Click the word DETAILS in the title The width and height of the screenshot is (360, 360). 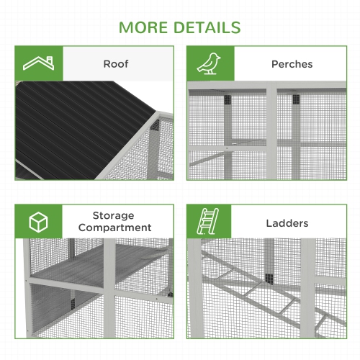coord(207,27)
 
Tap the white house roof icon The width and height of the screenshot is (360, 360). coord(39,63)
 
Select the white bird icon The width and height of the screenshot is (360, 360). coord(211,63)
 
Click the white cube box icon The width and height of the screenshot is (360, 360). coord(39,222)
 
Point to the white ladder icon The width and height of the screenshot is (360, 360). coord(211,222)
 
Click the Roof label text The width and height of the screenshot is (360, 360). coord(116,64)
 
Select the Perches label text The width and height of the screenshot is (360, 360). coord(292,64)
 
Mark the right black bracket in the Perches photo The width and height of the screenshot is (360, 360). coord(296,100)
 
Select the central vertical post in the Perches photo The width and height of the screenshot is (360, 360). coord(272,133)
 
